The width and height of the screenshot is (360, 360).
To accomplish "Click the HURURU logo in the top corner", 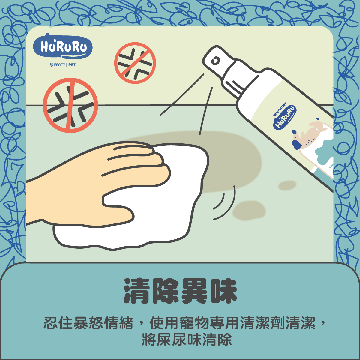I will point(63,47).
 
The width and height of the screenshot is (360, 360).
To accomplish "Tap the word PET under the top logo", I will point(72,65).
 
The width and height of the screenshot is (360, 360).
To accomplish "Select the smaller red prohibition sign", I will point(135,63).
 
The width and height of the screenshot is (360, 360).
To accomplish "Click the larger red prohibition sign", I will point(70,105).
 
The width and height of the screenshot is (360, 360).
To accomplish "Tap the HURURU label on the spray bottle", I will point(285,117).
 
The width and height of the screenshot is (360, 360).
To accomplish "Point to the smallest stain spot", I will point(288,184).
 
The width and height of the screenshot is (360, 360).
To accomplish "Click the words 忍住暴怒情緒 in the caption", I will point(88,323).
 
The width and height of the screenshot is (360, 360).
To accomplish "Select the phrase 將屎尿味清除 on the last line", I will point(187,340).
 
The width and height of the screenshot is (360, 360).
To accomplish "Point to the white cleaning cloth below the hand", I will point(126,234).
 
